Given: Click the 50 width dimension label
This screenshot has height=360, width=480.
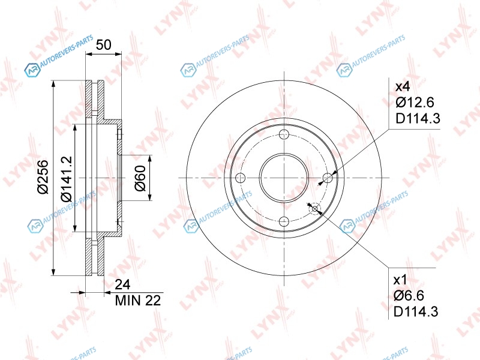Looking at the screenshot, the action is pyautogui.click(x=103, y=44).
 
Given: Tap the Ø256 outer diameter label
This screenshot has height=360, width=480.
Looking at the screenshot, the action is pyautogui.click(x=43, y=177).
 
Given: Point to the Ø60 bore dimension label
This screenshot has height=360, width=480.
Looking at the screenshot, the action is pyautogui.click(x=140, y=178).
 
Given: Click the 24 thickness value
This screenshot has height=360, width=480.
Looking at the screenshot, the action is pyautogui.click(x=122, y=284).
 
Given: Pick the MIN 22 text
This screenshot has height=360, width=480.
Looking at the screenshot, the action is pyautogui.click(x=138, y=301).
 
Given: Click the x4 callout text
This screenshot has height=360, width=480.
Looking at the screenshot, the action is pyautogui.click(x=402, y=86).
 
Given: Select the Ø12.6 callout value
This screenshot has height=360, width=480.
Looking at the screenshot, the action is pyautogui.click(x=415, y=102).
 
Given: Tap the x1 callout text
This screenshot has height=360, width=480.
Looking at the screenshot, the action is pyautogui.click(x=400, y=280).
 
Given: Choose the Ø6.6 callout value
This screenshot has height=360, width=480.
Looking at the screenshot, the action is pyautogui.click(x=409, y=295).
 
